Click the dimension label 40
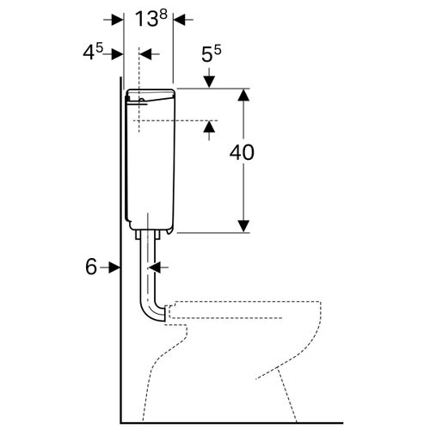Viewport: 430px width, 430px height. (x=242, y=152)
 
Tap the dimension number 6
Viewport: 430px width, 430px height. (x=91, y=267)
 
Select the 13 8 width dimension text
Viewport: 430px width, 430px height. (x=150, y=18)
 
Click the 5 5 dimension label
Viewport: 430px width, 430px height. (x=212, y=53)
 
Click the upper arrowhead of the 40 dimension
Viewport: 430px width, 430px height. (x=243, y=95)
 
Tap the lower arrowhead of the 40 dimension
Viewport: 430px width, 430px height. (x=243, y=226)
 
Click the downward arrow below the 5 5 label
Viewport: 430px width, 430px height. (x=210, y=78)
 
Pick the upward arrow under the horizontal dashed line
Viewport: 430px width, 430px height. (x=210, y=131)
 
